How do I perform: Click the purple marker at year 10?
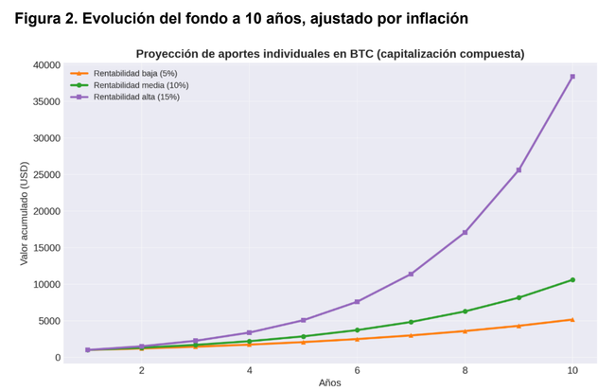(572, 77)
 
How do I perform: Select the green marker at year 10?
(572, 280)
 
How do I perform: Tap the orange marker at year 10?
(572, 320)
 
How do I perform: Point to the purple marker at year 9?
(518, 170)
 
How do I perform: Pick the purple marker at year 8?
(465, 232)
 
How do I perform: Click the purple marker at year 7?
(411, 274)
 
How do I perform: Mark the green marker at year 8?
(465, 311)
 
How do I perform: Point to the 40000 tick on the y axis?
(46, 65)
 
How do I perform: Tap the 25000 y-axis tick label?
(46, 175)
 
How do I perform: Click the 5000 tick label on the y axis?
(49, 321)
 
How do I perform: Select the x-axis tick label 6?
(357, 370)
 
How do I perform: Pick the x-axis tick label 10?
(572, 370)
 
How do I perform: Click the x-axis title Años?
(330, 383)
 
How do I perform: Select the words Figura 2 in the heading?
(47, 18)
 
